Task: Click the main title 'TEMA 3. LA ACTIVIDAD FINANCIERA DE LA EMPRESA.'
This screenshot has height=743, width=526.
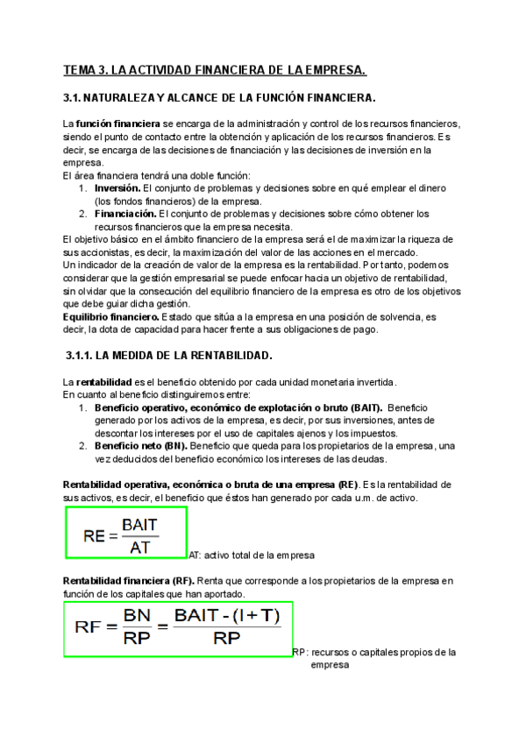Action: coord(215,69)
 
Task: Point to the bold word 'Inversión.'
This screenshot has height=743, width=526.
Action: coord(117,188)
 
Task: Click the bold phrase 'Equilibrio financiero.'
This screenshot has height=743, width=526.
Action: coord(107,291)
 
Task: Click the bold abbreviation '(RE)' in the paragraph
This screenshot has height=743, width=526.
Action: coord(348,485)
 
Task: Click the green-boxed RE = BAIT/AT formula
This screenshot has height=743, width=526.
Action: coord(125,533)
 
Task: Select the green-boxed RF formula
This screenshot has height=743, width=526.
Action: coord(178,628)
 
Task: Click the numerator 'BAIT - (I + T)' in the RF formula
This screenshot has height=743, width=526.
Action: coord(228,617)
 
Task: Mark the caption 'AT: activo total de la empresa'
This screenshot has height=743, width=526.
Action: coord(252,555)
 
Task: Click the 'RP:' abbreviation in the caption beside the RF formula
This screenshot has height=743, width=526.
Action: coord(300,653)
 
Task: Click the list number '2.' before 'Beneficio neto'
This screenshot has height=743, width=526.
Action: coord(82,445)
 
